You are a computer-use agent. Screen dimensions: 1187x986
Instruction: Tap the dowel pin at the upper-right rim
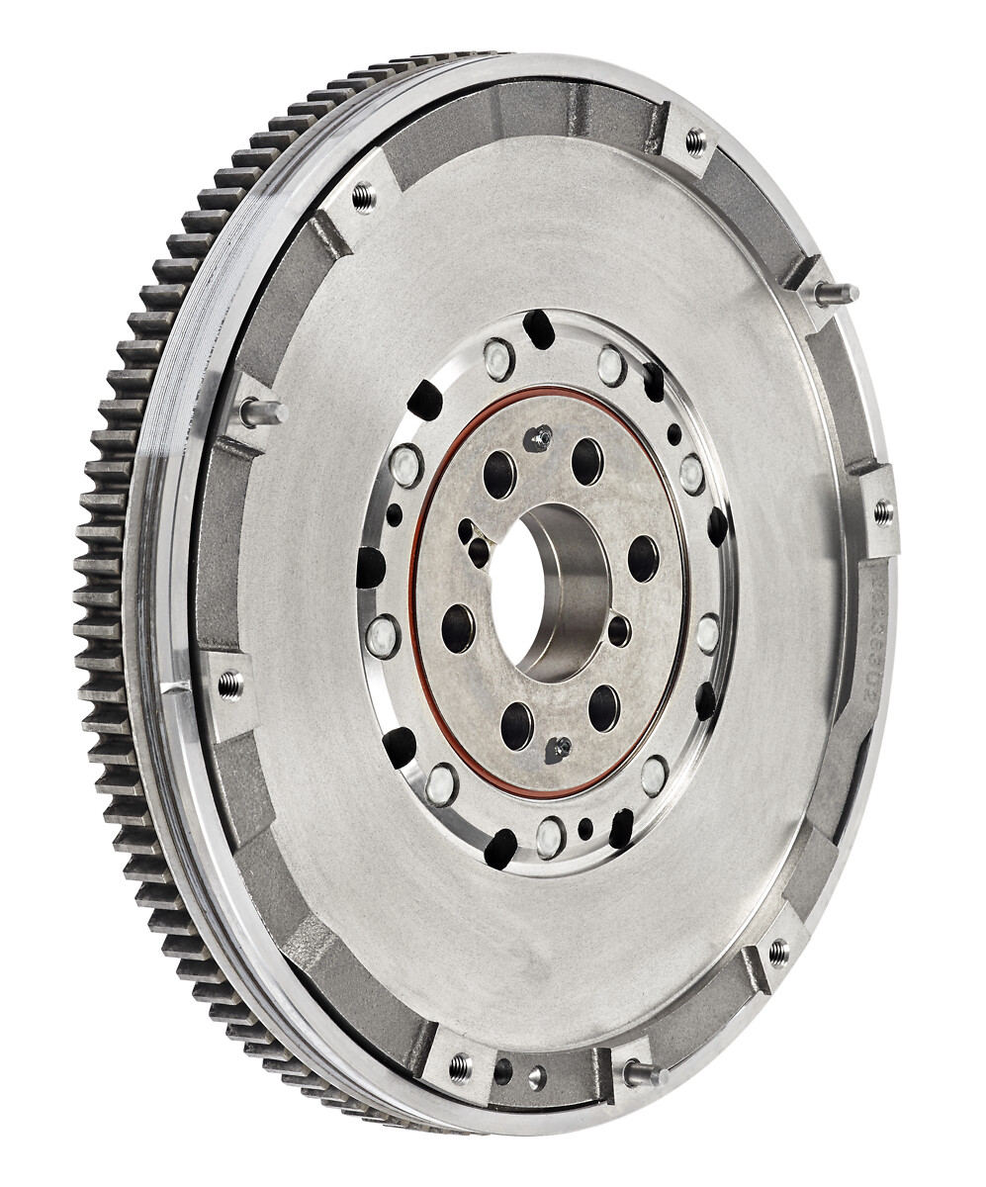(x=836, y=292)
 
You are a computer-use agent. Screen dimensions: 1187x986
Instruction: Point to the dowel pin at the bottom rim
(x=642, y=1072)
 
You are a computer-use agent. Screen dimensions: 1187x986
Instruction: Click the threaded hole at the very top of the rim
(x=695, y=141)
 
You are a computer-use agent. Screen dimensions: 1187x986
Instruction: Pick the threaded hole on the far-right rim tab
(x=882, y=511)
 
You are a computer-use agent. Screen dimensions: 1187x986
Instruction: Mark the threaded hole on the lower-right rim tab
(x=777, y=953)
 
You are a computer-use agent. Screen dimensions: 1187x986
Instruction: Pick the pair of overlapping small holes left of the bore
(x=472, y=540)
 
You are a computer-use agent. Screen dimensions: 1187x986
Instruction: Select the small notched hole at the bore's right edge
(x=618, y=629)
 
